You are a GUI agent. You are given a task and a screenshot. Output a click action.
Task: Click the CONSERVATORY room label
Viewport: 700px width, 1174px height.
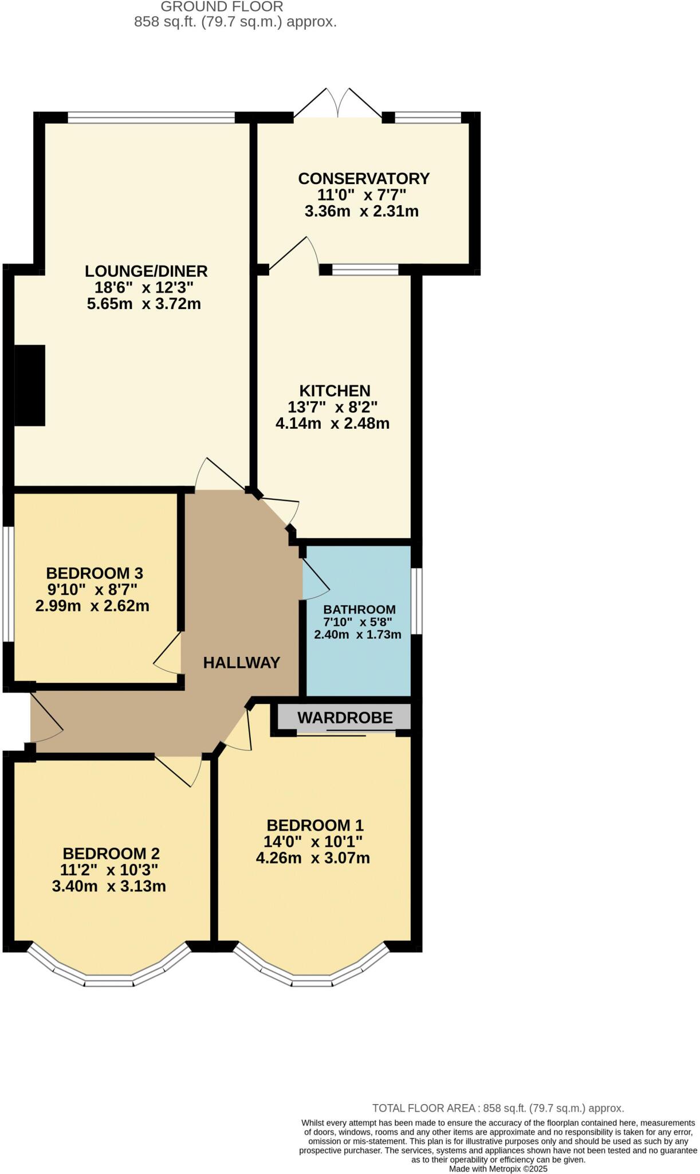364,178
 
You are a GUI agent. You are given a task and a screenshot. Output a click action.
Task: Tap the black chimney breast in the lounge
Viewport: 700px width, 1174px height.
29,385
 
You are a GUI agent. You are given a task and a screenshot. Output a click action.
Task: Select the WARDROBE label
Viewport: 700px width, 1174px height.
345,717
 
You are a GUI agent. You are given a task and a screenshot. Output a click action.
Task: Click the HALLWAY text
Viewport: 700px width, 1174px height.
242,663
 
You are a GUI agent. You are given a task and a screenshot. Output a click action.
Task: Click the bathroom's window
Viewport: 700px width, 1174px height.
417,601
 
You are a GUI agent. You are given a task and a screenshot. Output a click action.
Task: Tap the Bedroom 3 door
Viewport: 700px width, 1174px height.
168,653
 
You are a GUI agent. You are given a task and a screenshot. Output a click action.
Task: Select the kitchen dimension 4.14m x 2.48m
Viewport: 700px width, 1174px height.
333,424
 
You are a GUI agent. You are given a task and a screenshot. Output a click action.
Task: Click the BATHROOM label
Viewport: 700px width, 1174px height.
359,609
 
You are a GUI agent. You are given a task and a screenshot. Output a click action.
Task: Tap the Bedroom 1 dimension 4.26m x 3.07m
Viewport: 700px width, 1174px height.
313,858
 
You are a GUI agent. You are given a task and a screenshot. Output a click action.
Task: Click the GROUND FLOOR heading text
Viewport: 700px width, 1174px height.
222,7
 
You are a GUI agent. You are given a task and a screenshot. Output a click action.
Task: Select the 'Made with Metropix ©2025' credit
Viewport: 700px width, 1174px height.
498,1169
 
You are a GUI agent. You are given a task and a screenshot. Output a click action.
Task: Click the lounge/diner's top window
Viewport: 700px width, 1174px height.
151,118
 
